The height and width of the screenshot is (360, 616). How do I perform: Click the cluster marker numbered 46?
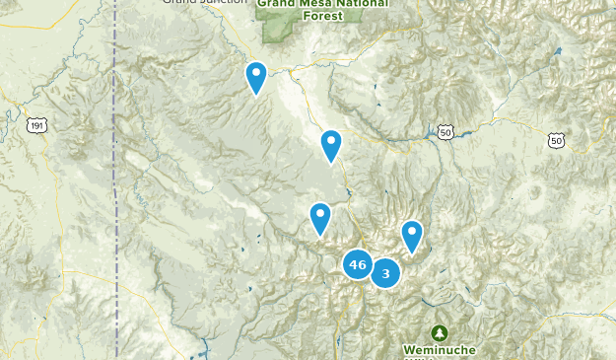(357, 264)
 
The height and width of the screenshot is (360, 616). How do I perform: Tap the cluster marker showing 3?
(385, 273)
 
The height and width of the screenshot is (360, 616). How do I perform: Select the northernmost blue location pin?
(256, 76)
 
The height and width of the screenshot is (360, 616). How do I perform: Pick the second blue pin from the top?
(331, 144)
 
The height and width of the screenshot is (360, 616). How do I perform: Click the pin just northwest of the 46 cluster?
(320, 217)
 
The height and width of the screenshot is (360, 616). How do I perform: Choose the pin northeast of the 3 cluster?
(412, 235)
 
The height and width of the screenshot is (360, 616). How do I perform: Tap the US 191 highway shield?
(37, 125)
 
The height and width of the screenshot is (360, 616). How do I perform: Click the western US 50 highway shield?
(446, 131)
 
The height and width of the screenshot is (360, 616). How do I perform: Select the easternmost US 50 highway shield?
(559, 142)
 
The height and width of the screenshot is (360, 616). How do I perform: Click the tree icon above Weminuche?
(439, 333)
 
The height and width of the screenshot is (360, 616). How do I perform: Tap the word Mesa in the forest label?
(316, 3)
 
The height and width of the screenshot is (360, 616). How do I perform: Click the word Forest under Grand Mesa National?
(318, 16)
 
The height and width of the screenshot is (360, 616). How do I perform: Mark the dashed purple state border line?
(115, 197)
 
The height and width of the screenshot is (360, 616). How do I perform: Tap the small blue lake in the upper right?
(558, 51)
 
